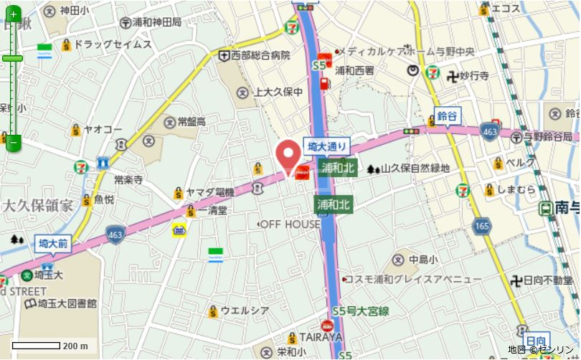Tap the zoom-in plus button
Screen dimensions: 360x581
(13, 14)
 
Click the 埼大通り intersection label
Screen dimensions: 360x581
(326, 146)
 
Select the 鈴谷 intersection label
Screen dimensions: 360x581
(447, 115)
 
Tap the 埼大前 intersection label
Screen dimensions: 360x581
(52, 244)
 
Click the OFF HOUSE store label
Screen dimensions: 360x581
(290, 224)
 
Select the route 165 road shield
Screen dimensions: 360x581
(481, 227)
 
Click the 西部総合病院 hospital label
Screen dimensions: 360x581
(259, 55)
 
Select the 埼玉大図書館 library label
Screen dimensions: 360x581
(63, 304)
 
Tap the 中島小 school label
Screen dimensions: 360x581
(423, 259)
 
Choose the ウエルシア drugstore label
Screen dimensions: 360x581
(245, 311)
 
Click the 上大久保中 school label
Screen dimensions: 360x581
(278, 92)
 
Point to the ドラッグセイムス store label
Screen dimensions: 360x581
(113, 44)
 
